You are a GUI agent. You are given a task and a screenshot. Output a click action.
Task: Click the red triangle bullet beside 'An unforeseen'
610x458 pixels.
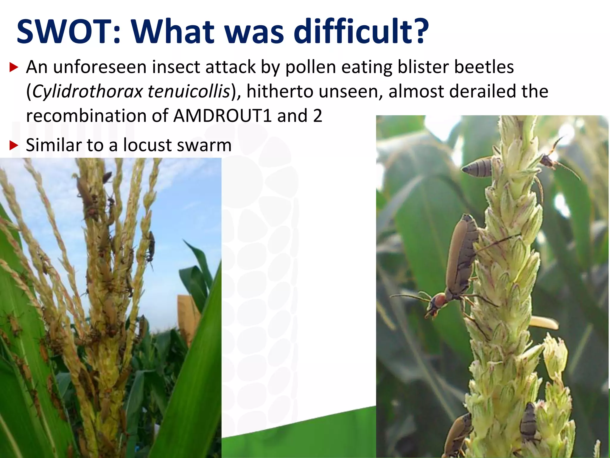pos(14,67)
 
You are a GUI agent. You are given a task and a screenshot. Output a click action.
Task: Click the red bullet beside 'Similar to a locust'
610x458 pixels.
pos(14,146)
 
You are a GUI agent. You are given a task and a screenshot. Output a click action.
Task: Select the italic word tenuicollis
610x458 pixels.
pos(189,91)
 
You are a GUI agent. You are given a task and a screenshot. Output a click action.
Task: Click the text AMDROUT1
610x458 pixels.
pos(222,116)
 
